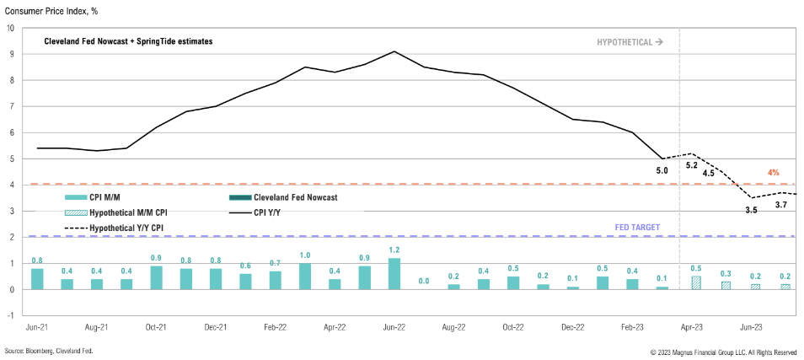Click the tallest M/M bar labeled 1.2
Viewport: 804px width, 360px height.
click(394, 273)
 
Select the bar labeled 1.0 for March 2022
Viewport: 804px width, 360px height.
click(304, 276)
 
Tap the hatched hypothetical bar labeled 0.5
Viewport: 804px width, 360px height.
click(695, 282)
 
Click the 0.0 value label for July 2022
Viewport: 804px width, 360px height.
click(424, 280)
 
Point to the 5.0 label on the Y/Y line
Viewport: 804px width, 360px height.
click(662, 171)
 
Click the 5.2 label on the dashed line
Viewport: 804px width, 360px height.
click(692, 165)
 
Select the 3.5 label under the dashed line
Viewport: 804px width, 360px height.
click(751, 209)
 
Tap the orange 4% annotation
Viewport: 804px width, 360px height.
click(773, 173)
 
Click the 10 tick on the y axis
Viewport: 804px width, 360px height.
click(10, 28)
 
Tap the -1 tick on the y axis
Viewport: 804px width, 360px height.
click(10, 315)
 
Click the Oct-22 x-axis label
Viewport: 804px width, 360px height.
click(513, 327)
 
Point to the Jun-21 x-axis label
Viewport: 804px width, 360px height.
click(36, 327)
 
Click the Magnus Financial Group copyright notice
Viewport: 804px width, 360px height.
click(723, 351)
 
